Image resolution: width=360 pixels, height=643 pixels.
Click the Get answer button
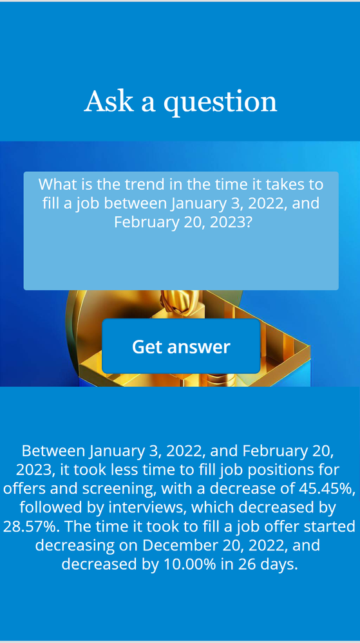coord(181,346)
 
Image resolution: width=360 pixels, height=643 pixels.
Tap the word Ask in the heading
coord(109,101)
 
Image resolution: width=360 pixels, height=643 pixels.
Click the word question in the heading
coord(220,103)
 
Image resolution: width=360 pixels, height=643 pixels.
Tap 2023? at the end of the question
coord(231,222)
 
